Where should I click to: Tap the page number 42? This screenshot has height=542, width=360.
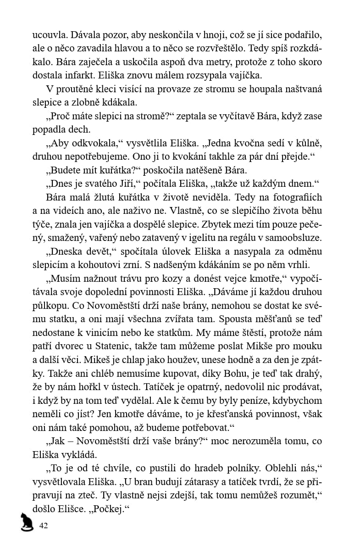(44, 525)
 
